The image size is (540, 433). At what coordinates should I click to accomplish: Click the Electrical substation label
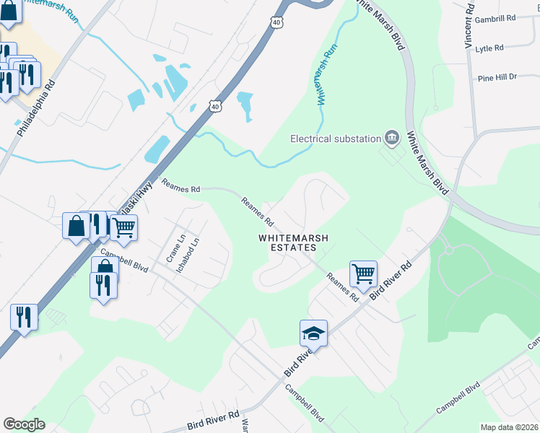pos(335,139)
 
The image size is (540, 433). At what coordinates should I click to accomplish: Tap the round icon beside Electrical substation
pos(392,137)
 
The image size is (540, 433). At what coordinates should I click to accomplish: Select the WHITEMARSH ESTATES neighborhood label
pos(288,242)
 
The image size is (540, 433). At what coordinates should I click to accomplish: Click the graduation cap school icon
pos(313,333)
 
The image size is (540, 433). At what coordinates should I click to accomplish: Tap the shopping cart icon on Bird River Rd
pos(363,274)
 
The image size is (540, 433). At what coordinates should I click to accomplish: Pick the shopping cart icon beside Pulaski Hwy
pos(124,227)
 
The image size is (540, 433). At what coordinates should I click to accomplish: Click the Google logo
pos(24,424)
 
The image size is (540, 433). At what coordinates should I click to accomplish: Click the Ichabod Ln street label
pos(193,255)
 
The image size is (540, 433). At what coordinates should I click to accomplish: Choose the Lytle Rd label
pos(489,48)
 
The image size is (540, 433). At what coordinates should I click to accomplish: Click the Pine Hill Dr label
pos(497,76)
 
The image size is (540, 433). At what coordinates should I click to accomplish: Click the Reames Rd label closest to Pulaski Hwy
pos(180,188)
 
